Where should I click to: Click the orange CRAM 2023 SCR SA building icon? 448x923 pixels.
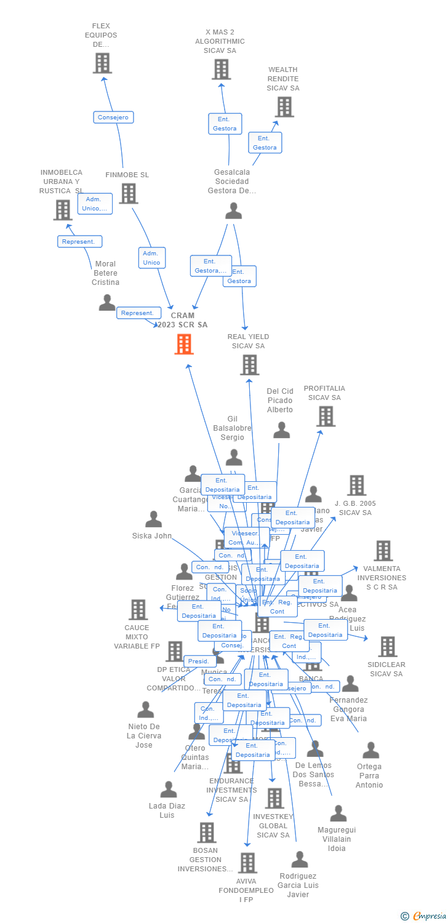183,344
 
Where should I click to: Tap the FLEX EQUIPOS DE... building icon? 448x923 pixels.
102,63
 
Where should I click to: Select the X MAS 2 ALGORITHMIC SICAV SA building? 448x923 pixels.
222,70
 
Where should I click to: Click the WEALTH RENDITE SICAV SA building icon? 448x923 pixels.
284,107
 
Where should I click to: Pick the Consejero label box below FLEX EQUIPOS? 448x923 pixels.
113,117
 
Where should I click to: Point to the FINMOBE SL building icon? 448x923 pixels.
128,194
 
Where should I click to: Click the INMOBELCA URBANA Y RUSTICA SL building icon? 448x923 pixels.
63,210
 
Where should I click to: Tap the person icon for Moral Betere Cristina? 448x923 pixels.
107,302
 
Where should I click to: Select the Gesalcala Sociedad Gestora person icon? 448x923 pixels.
233,211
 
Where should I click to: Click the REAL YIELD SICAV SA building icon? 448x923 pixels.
249,365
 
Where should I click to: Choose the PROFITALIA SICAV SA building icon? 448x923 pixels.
325,417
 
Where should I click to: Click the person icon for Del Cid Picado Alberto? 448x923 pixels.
281,430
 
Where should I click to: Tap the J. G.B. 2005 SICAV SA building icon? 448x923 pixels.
356,485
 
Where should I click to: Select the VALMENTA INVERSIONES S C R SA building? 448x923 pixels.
383,551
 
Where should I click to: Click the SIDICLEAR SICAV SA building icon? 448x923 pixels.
387,647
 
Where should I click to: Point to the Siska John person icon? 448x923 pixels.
153,519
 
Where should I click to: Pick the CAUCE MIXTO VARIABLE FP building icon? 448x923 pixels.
138,610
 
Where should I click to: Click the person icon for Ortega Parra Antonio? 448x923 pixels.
370,750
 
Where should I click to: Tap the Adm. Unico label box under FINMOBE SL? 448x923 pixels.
151,258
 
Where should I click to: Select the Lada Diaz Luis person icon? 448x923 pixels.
168,789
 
